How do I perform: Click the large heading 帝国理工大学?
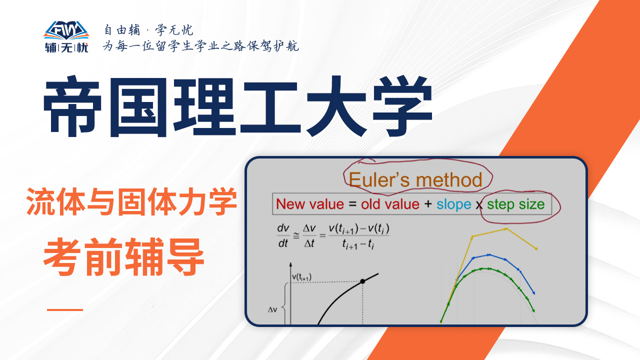click(237, 106)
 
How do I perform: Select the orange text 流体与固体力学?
click(131, 201)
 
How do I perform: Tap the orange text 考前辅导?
click(123, 257)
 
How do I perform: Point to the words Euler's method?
click(415, 179)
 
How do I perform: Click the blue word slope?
click(453, 204)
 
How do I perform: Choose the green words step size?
click(515, 204)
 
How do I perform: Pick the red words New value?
click(310, 204)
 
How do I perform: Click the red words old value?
click(390, 204)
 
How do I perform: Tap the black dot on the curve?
click(362, 281)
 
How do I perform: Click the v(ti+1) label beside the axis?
click(301, 277)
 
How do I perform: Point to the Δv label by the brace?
click(272, 309)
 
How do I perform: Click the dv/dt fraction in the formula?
click(283, 235)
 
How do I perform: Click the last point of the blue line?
click(533, 293)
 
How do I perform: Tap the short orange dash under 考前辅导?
click(65, 309)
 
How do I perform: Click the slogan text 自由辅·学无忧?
click(148, 30)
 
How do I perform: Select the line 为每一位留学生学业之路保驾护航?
click(200, 46)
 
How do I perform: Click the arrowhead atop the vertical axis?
click(290, 264)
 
